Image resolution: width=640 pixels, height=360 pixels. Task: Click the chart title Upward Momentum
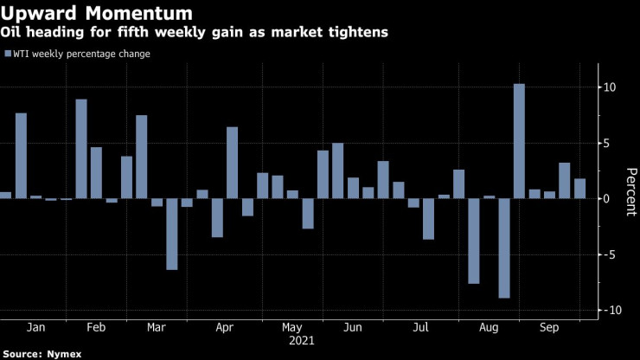(96, 15)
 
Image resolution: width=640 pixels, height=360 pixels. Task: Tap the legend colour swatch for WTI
(7, 55)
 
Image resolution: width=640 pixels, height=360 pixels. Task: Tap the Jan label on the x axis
(36, 329)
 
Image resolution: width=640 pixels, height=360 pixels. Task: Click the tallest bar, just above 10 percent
(519, 141)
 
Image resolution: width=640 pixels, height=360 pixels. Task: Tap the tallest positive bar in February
(81, 149)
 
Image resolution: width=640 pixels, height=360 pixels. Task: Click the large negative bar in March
(172, 234)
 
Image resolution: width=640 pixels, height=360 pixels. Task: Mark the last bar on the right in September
(579, 189)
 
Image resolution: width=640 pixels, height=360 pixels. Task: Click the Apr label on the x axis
(224, 329)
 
